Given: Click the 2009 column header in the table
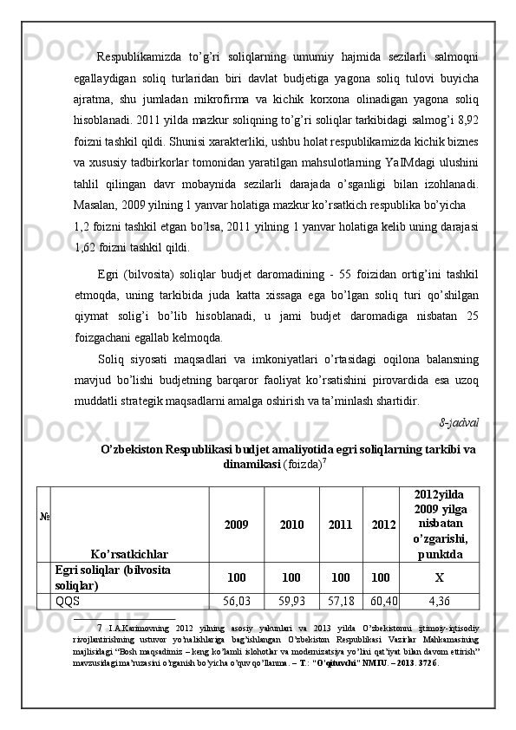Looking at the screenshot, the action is [236, 525].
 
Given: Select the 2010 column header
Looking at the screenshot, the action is [291, 525].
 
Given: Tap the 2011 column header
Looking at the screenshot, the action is [341, 525].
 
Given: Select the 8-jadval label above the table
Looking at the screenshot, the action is [460, 424].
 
